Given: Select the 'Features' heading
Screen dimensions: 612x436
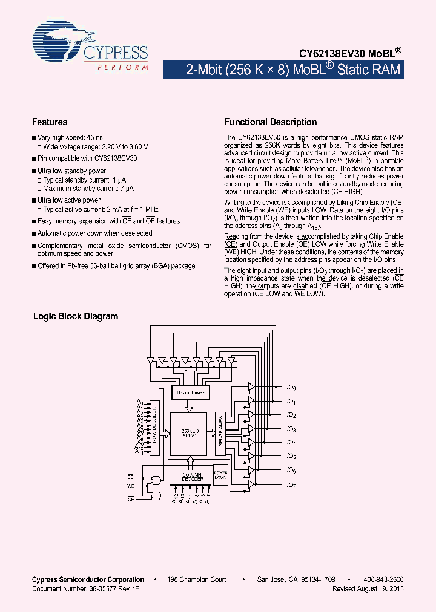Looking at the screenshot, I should coord(50,122).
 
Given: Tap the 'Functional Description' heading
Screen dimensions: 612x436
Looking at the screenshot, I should coord(270,122).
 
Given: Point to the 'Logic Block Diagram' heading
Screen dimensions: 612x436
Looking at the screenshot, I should coord(76,316).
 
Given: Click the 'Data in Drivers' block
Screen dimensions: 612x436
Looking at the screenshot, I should coord(191,392).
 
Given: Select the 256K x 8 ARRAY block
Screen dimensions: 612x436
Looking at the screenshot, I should coord(190,434).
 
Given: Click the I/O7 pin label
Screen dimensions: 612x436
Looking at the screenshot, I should coord(290,484).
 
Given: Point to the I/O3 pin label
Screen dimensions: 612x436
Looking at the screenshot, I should coord(290,429).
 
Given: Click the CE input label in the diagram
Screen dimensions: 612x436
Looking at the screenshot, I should coord(130,478).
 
